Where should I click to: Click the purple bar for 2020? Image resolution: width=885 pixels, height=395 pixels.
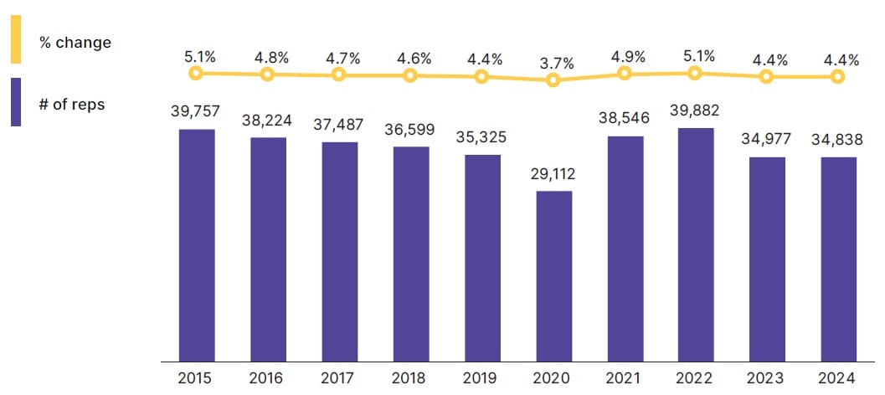[x=553, y=276]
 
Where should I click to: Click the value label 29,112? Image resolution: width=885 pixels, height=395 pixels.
[x=553, y=176]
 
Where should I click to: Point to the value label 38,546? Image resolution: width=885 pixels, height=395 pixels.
[x=625, y=120]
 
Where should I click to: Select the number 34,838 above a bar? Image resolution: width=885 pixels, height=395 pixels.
[x=838, y=139]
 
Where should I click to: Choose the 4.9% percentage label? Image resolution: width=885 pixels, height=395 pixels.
[x=625, y=58]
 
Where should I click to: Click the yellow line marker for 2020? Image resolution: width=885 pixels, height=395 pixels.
[x=553, y=80]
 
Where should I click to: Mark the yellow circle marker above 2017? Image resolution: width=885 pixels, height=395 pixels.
[x=339, y=74]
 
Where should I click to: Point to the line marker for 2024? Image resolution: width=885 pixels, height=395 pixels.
[x=837, y=76]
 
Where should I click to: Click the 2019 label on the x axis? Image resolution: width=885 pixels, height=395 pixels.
[x=482, y=378]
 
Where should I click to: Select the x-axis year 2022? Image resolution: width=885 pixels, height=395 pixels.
[x=696, y=378]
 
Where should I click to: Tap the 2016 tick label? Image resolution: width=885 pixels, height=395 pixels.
[x=268, y=378]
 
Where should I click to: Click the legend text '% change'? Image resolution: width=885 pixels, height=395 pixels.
[x=75, y=42]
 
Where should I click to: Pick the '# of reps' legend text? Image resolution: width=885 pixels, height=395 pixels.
[x=72, y=105]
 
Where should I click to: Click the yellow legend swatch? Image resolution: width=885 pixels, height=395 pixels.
[x=16, y=39]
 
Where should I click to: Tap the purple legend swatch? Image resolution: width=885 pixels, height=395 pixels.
[x=16, y=102]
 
